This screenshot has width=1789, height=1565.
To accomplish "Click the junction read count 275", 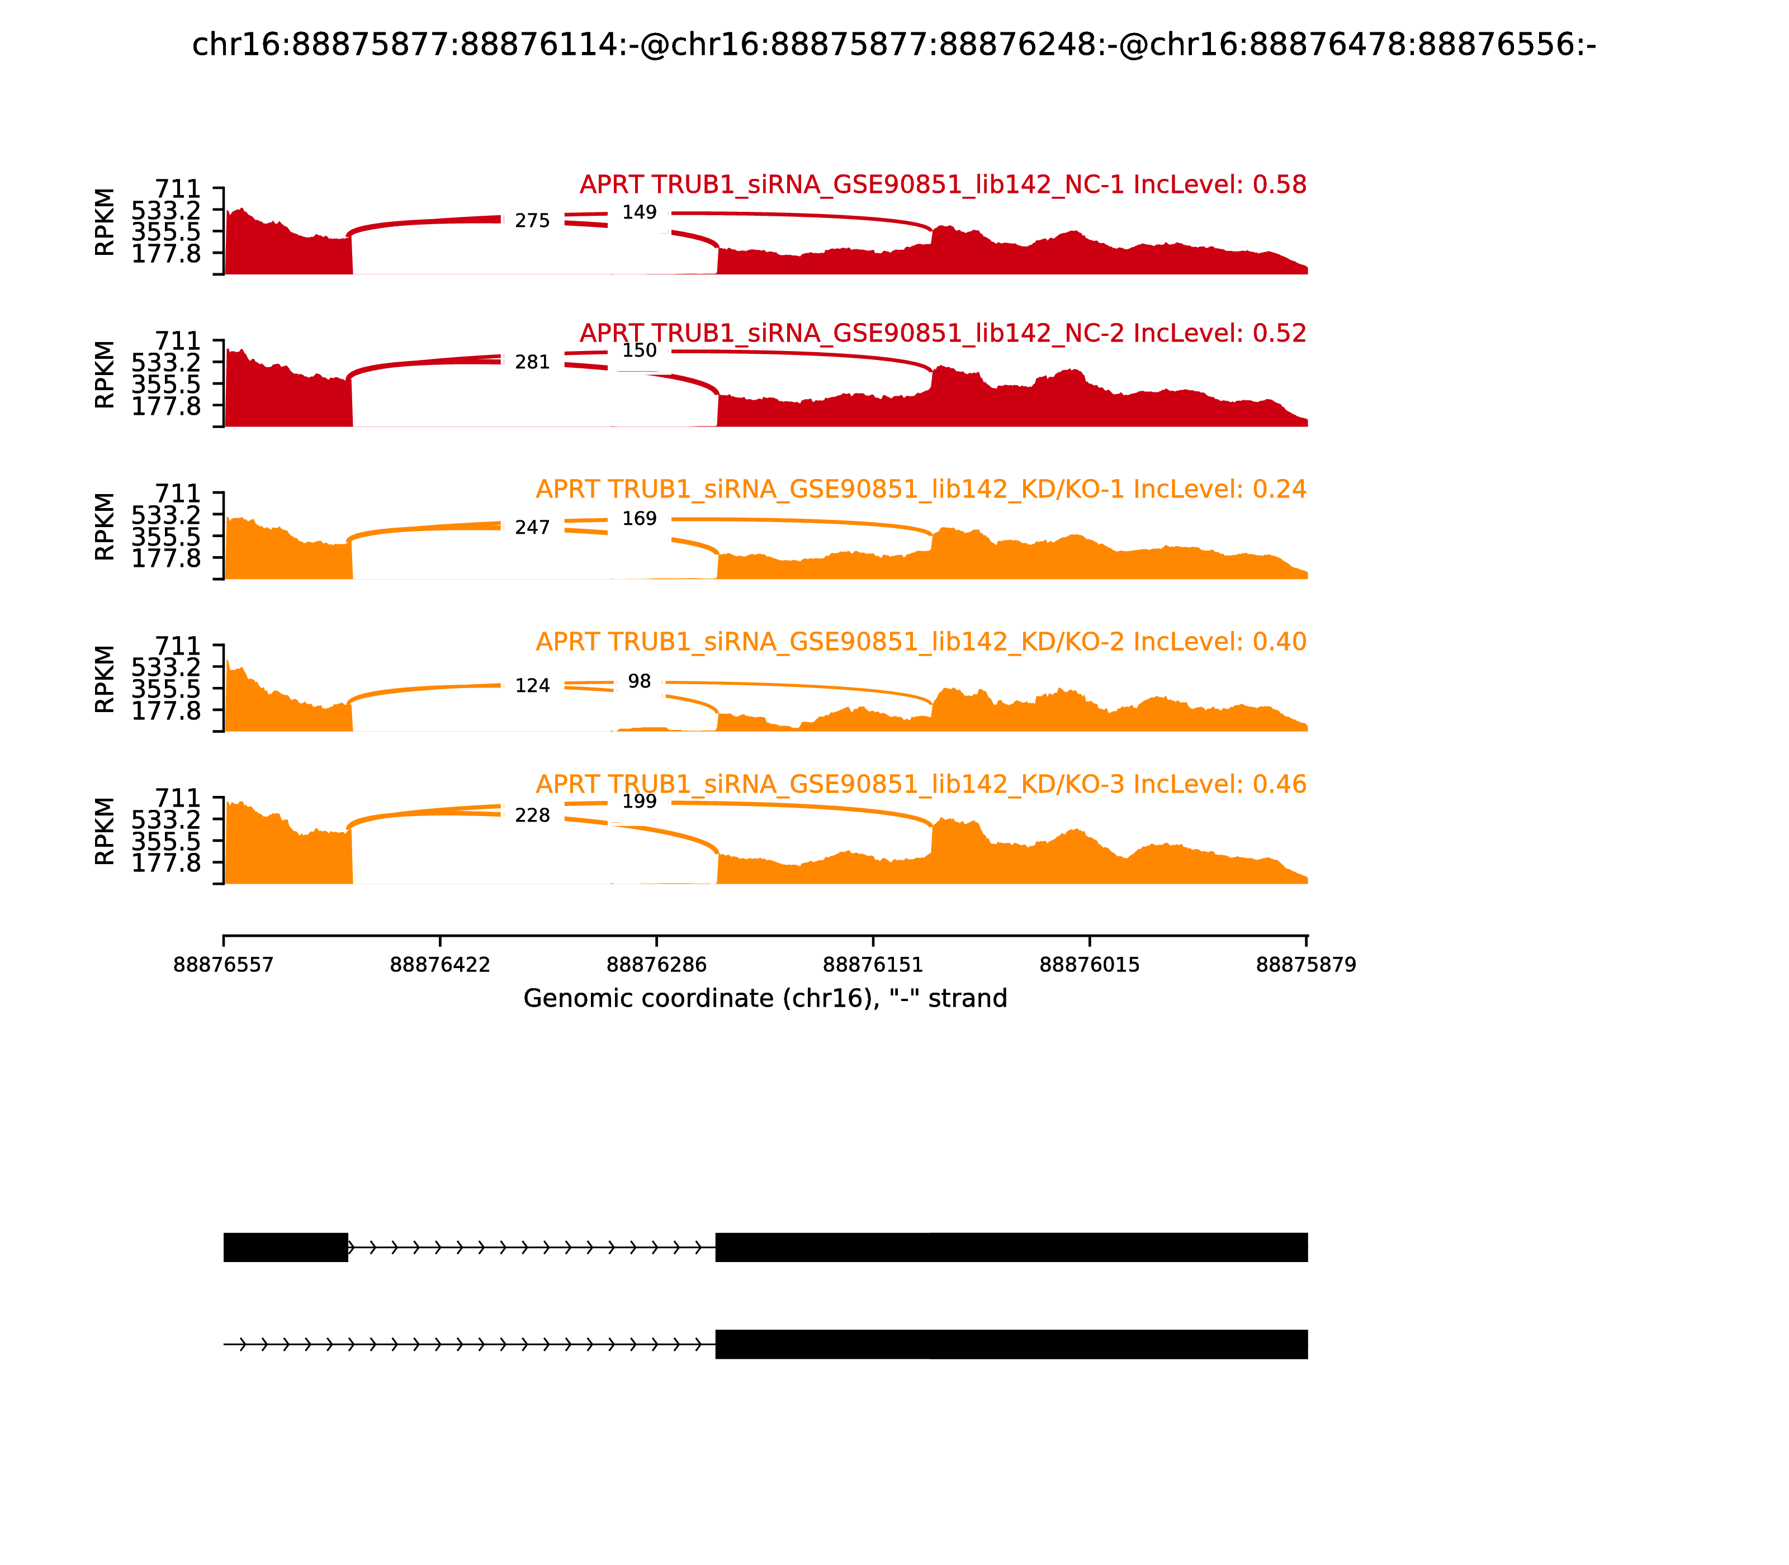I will tap(532, 221).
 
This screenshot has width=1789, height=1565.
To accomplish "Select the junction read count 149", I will tap(640, 212).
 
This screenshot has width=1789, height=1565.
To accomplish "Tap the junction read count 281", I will tap(532, 362).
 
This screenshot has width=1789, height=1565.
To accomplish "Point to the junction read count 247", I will tap(532, 528).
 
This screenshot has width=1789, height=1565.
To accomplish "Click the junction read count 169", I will tap(640, 519).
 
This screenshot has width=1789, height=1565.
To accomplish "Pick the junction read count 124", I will tap(532, 686).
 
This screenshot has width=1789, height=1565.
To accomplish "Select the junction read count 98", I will tap(640, 681).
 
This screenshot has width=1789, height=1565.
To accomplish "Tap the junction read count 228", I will tap(532, 815).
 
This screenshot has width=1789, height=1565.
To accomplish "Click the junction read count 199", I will tap(640, 802).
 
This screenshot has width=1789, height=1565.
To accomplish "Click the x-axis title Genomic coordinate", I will tap(765, 998).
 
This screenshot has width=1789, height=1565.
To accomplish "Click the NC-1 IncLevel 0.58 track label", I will tap(943, 185).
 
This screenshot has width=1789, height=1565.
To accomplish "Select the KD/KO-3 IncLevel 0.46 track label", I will tap(921, 784).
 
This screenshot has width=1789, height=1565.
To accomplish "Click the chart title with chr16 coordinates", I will tap(893, 45).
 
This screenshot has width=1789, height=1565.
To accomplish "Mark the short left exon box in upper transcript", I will tap(286, 1247).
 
